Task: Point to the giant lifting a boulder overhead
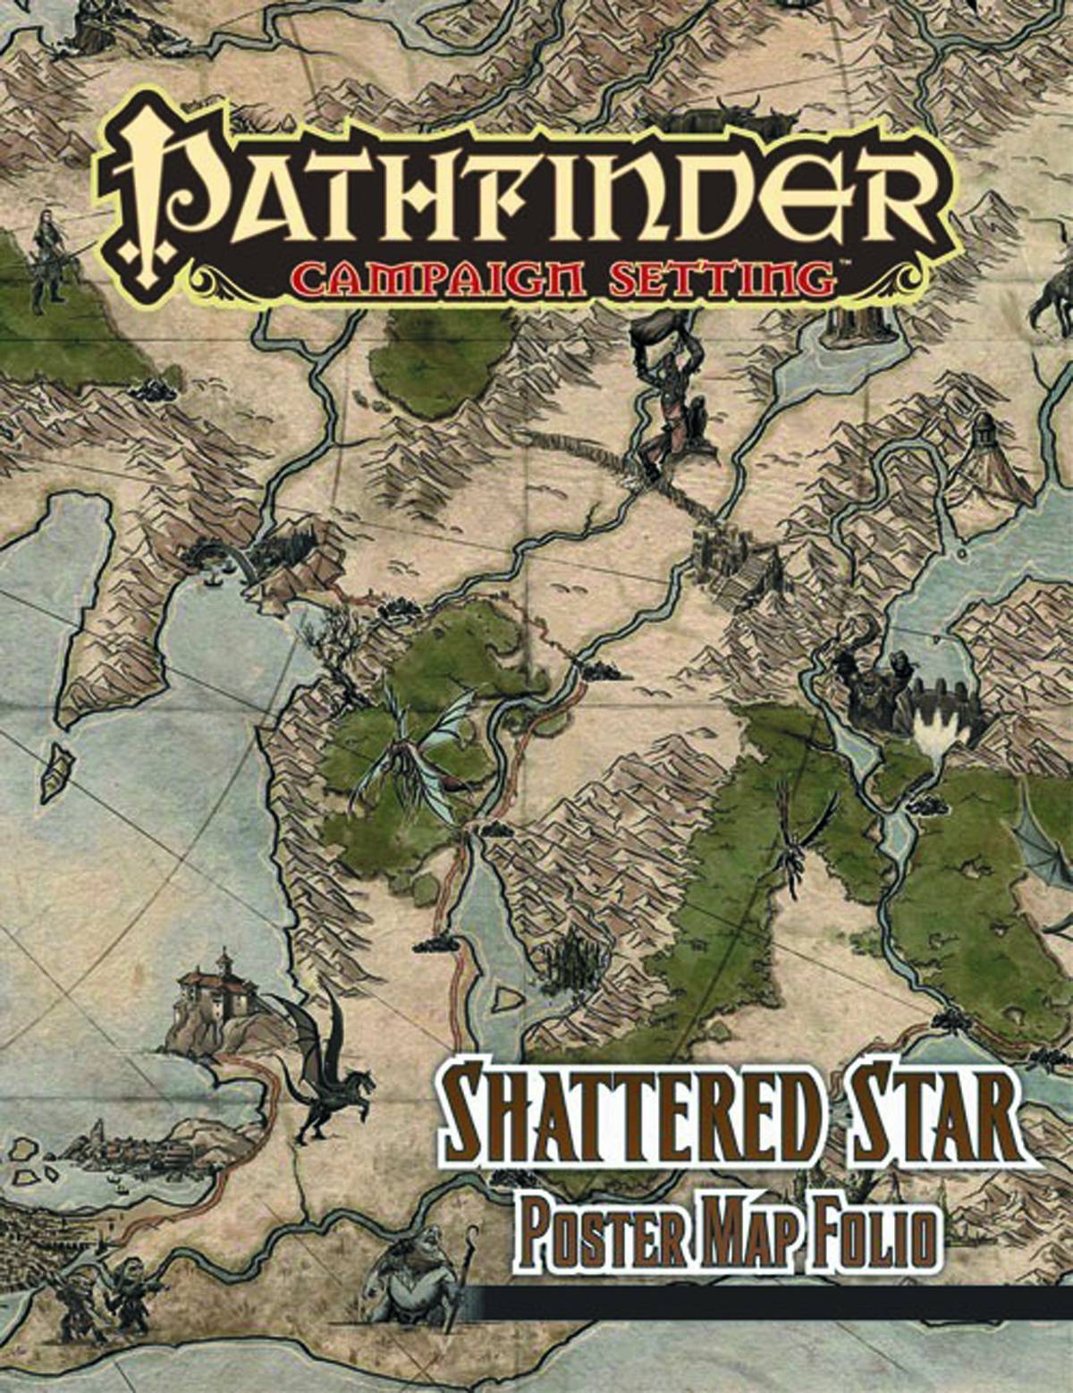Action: [x=666, y=393]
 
